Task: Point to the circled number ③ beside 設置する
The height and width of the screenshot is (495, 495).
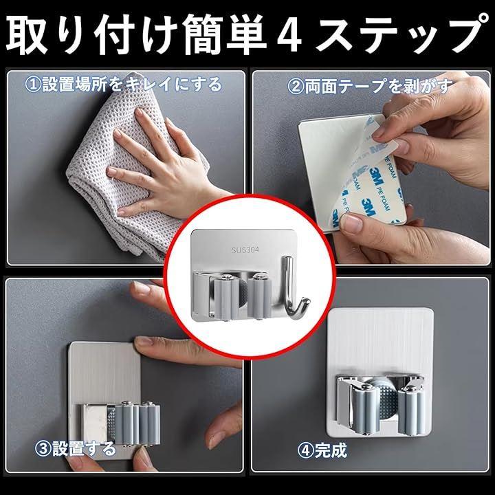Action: [43, 448]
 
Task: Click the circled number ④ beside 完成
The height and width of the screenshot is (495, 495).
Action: [305, 450]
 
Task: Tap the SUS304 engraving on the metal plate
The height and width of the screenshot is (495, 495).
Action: [245, 250]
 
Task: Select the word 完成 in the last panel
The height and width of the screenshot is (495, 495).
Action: [331, 450]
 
